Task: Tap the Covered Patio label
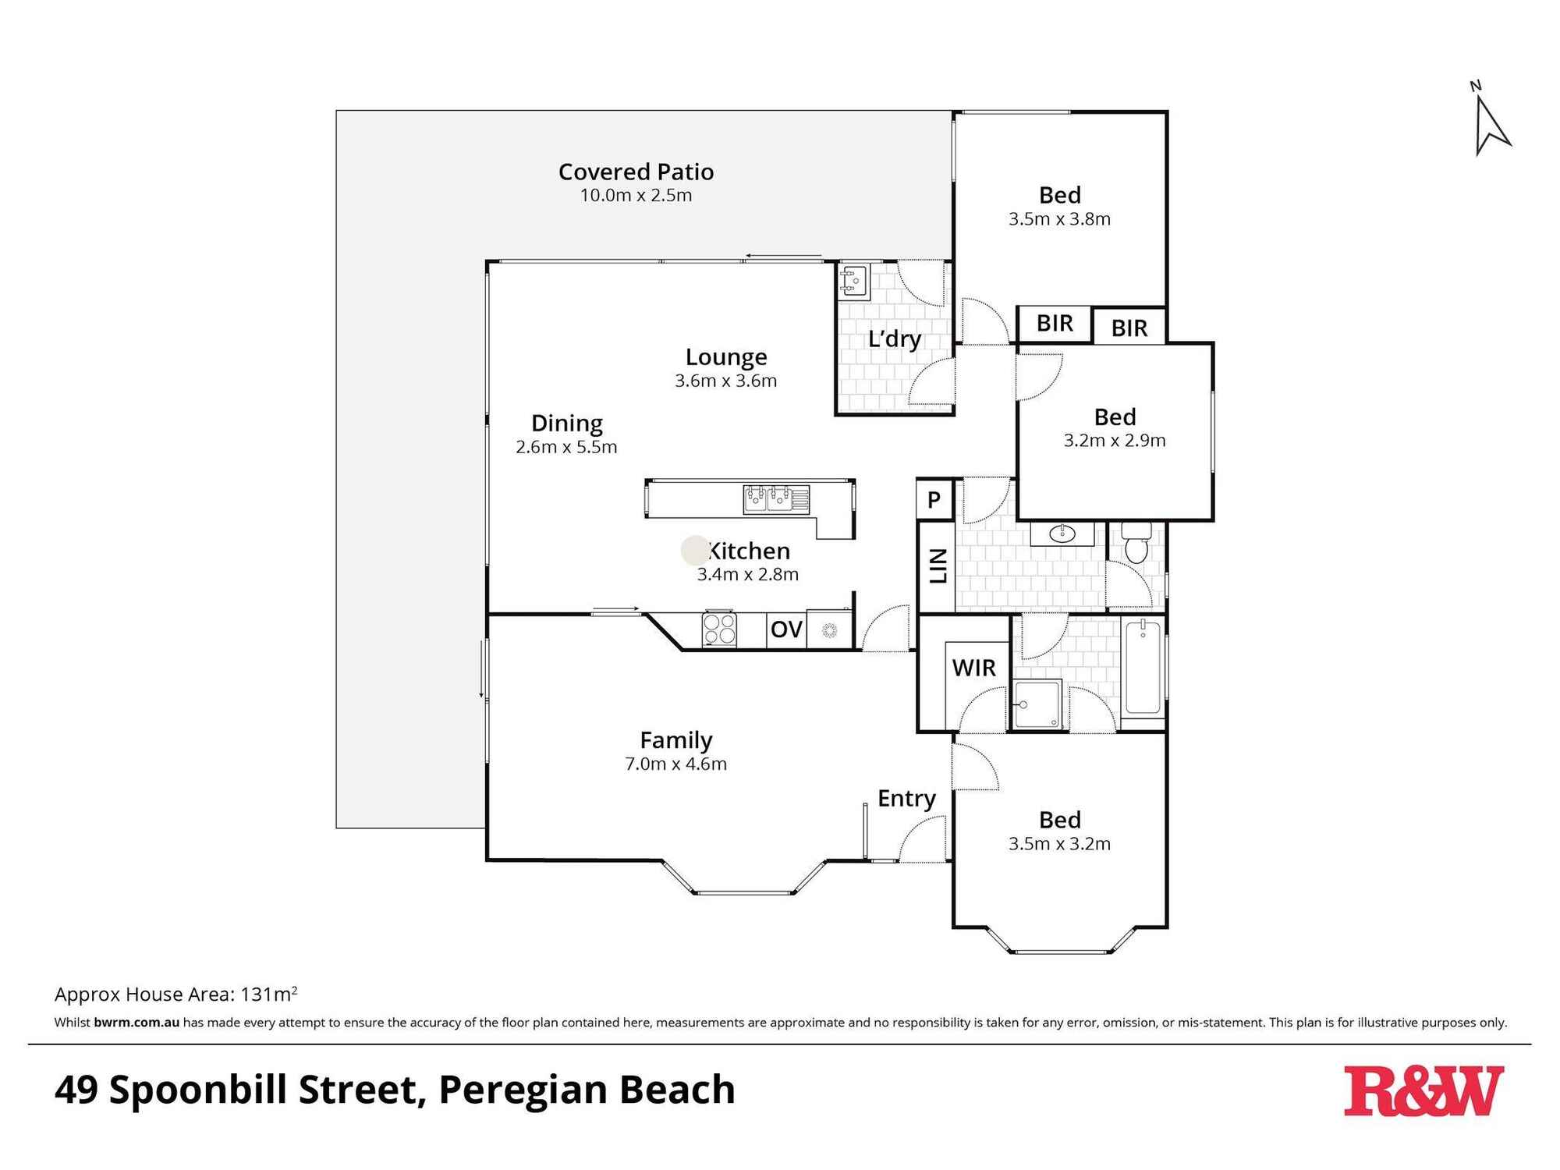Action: [x=636, y=172]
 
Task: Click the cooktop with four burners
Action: [x=719, y=629]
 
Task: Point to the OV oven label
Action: [x=786, y=629]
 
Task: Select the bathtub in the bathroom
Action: [x=1143, y=668]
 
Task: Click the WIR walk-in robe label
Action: [x=973, y=668]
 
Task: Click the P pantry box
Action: [x=934, y=499]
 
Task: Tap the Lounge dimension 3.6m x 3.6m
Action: [x=725, y=381]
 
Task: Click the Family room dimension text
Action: [x=675, y=764]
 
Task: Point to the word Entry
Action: [x=906, y=799]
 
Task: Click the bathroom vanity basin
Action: [x=1062, y=534]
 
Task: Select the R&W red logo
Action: [x=1423, y=1091]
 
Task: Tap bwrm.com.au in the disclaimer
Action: [x=136, y=1023]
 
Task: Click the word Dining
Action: [x=567, y=424]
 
